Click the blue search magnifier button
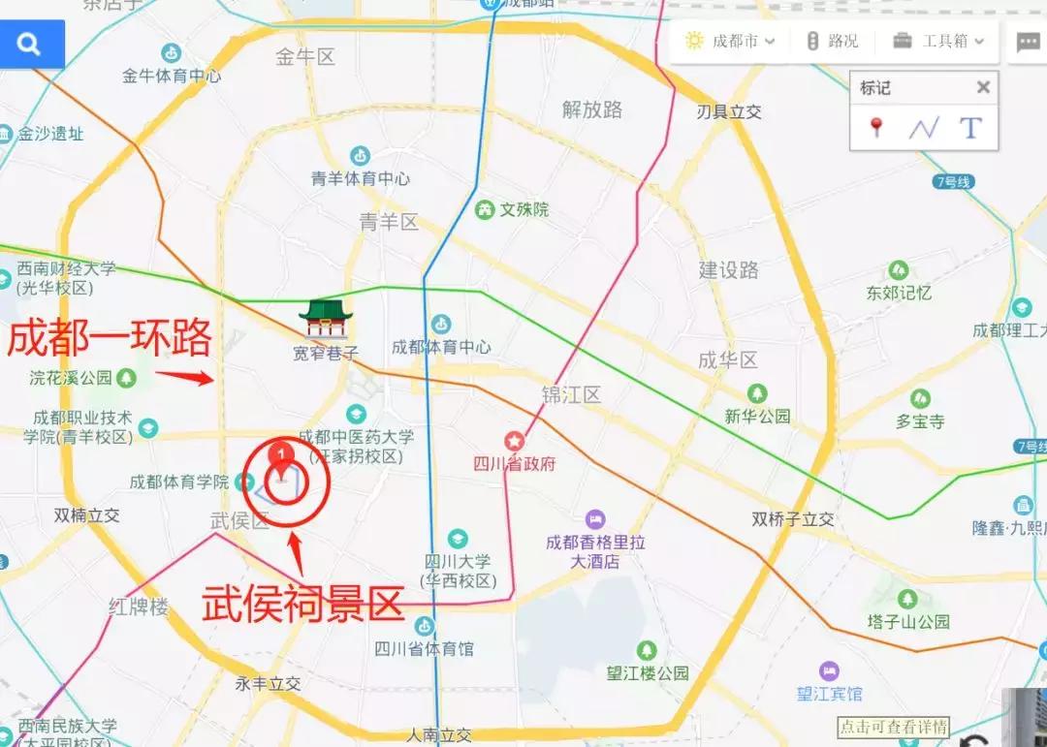[x=31, y=45]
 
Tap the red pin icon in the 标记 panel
[x=877, y=127]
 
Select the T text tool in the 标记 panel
[x=970, y=127]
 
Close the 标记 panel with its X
[x=983, y=88]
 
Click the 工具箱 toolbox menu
[x=938, y=42]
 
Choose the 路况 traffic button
[x=833, y=42]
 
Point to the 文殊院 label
[x=524, y=209]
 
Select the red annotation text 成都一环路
[x=110, y=340]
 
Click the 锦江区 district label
[x=572, y=394]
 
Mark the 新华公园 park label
[x=758, y=417]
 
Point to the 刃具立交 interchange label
[x=729, y=112]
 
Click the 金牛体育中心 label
[x=172, y=76]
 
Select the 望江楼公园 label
[x=648, y=673]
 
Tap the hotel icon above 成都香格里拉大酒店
[x=594, y=520]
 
